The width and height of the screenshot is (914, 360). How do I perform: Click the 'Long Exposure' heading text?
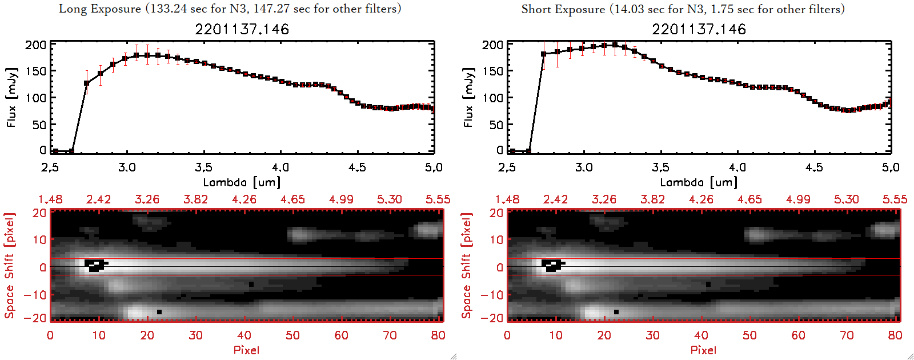click(99, 9)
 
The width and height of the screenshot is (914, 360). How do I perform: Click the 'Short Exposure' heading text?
click(563, 9)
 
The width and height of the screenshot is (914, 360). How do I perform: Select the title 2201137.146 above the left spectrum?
click(242, 29)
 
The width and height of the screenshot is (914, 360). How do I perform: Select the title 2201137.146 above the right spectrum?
click(699, 29)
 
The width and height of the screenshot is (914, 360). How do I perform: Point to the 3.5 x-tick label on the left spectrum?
click(203, 167)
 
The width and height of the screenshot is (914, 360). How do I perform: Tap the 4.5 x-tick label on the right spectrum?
click(814, 167)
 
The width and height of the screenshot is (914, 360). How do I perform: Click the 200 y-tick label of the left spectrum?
click(35, 45)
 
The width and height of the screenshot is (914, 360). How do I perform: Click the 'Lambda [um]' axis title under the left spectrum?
click(242, 182)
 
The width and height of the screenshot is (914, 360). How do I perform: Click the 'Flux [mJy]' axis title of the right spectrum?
click(468, 97)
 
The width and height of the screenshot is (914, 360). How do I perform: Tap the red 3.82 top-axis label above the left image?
click(195, 199)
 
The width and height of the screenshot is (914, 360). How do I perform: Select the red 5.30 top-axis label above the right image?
click(846, 199)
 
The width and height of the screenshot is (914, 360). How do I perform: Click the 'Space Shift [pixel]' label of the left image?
click(9, 266)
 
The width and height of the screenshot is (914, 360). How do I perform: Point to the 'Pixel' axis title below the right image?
click(703, 350)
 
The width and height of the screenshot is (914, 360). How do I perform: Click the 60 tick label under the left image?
click(341, 335)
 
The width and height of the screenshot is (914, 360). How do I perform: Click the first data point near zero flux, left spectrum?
click(55, 151)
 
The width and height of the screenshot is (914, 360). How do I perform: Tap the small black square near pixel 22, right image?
click(616, 312)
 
